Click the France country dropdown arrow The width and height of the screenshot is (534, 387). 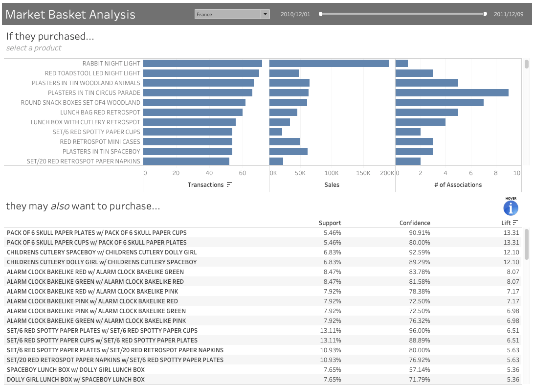266,14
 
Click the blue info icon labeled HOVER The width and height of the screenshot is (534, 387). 511,208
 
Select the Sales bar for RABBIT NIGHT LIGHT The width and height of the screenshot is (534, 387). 329,64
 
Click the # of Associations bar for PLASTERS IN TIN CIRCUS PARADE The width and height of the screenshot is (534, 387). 452,93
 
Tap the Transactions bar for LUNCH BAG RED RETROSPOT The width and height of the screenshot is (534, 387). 193,113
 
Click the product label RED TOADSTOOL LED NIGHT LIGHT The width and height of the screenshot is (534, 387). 92,73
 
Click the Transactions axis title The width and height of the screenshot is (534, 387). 205,185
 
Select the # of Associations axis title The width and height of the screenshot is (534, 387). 458,185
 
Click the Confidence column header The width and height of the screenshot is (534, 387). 415,223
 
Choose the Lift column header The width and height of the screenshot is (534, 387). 506,223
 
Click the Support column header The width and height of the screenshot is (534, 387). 330,223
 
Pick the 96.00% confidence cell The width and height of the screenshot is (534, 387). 420,331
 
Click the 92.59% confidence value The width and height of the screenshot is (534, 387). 420,252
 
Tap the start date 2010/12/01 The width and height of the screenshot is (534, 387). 295,14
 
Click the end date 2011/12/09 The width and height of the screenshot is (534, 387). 509,14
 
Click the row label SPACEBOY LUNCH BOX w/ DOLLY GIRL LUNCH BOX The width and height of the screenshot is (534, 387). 76,370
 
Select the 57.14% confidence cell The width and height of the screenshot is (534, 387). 420,370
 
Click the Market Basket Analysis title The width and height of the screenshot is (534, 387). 70,14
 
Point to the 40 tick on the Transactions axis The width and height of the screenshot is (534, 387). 209,173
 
